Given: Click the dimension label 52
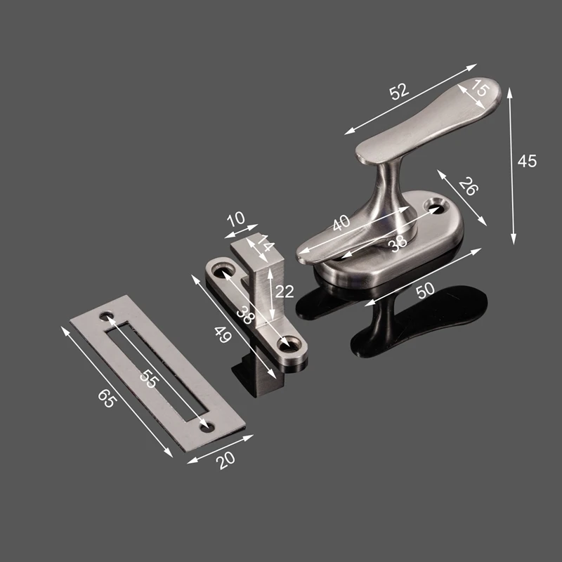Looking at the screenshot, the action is (399, 91).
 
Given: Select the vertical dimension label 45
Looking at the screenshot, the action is (528, 162).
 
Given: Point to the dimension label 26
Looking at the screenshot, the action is (469, 186).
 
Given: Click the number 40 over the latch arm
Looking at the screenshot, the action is (341, 223).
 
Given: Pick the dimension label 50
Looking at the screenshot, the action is (426, 290).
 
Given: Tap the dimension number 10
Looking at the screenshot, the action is (236, 219).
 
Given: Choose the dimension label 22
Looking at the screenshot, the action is (285, 292).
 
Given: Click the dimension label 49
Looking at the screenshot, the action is (223, 335).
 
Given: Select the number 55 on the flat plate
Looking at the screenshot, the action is (148, 379).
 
